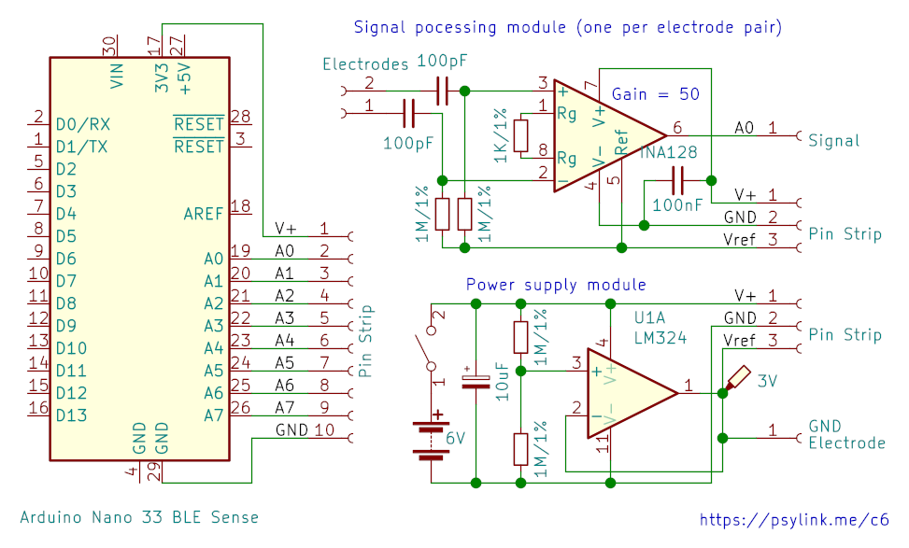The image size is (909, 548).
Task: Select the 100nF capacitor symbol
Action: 677,181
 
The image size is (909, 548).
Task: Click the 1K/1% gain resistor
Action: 520,136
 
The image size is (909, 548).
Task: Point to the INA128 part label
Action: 668,152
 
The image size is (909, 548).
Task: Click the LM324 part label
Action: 660,338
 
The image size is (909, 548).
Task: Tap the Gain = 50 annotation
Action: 656,94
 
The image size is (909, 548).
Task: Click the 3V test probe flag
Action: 737,379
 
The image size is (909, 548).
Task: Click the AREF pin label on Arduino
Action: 203,214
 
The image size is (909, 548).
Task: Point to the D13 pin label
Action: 71,415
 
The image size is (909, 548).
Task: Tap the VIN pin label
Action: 117,76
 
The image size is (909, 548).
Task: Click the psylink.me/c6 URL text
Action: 794,520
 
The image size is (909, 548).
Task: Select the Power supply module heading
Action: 556,285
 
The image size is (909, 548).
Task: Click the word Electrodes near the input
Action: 365,63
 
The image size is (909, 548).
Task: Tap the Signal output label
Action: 833,141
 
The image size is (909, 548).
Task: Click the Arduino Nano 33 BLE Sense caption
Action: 139,516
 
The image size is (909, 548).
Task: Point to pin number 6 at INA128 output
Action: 677,128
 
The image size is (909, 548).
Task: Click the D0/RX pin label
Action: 83,124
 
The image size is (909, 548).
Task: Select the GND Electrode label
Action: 847,434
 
